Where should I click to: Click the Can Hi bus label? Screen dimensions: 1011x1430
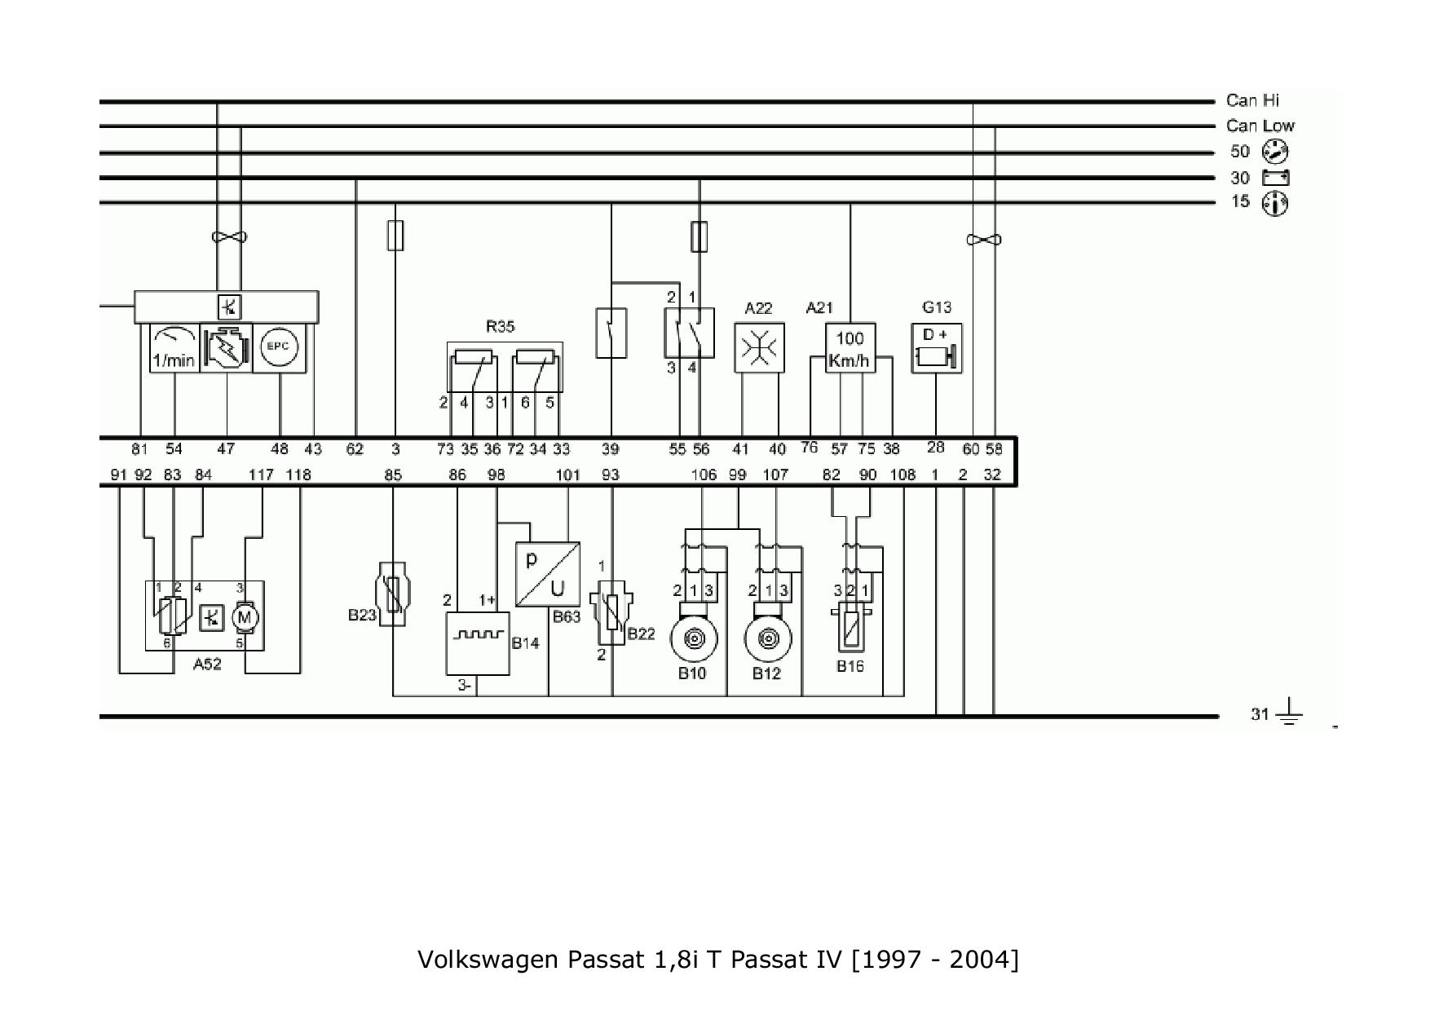tap(1252, 100)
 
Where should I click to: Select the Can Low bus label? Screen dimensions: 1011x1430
tap(1260, 126)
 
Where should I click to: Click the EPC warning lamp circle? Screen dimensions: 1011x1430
tap(280, 347)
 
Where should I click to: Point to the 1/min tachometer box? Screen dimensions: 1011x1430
tap(174, 348)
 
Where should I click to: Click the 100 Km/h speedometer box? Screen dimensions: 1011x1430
tap(850, 348)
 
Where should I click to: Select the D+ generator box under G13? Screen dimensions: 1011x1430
tap(936, 348)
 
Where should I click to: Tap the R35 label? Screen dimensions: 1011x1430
tap(500, 327)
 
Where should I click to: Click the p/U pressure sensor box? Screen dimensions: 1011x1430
tap(547, 574)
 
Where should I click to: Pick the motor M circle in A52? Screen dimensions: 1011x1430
tap(245, 617)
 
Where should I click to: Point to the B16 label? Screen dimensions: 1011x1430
tap(850, 666)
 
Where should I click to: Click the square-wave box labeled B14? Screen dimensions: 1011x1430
tap(478, 642)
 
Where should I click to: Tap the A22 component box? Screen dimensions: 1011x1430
tap(759, 348)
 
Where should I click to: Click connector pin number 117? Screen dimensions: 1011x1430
tap(261, 475)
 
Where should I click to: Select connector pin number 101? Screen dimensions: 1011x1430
tap(567, 475)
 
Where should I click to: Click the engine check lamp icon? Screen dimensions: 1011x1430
tap(226, 348)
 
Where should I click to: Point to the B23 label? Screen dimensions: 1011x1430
tap(362, 615)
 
